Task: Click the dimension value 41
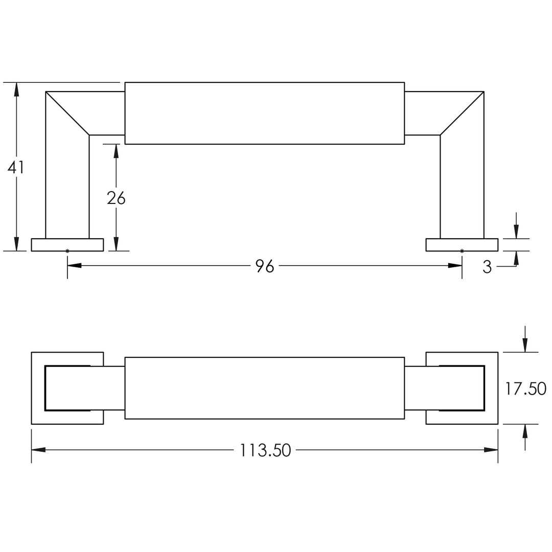click(15, 167)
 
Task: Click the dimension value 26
click(116, 198)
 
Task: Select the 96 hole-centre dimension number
click(265, 266)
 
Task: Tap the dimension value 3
click(487, 267)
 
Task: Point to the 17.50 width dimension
click(525, 388)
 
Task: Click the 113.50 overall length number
click(265, 450)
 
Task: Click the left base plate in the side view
click(67, 245)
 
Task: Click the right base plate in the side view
click(462, 245)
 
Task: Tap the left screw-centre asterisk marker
click(67, 250)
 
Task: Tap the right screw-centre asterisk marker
click(462, 250)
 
